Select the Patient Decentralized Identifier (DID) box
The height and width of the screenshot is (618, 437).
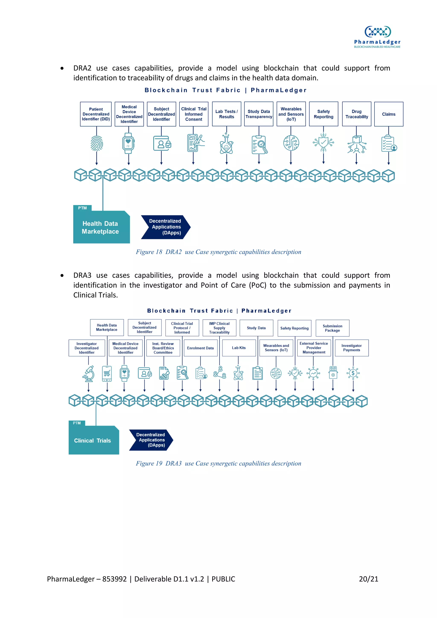click(96, 114)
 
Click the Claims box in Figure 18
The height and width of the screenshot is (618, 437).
click(389, 114)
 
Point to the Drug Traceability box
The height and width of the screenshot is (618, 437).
click(357, 114)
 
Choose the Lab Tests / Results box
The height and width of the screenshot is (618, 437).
click(226, 114)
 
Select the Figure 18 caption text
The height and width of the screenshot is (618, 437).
click(218, 252)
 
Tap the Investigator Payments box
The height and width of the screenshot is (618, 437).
click(351, 348)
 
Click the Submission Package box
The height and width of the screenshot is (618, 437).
click(332, 328)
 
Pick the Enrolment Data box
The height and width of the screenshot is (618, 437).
click(200, 348)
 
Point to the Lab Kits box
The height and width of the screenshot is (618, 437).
click(239, 348)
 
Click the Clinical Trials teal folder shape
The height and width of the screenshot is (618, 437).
click(93, 440)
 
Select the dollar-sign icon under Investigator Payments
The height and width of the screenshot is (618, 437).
click(353, 373)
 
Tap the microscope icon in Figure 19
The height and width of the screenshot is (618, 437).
click(89, 374)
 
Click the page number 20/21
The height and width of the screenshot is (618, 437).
click(368, 579)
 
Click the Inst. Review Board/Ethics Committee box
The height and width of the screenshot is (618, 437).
click(163, 348)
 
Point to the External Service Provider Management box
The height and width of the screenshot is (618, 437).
click(314, 348)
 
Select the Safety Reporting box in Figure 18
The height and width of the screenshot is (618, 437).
click(323, 114)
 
